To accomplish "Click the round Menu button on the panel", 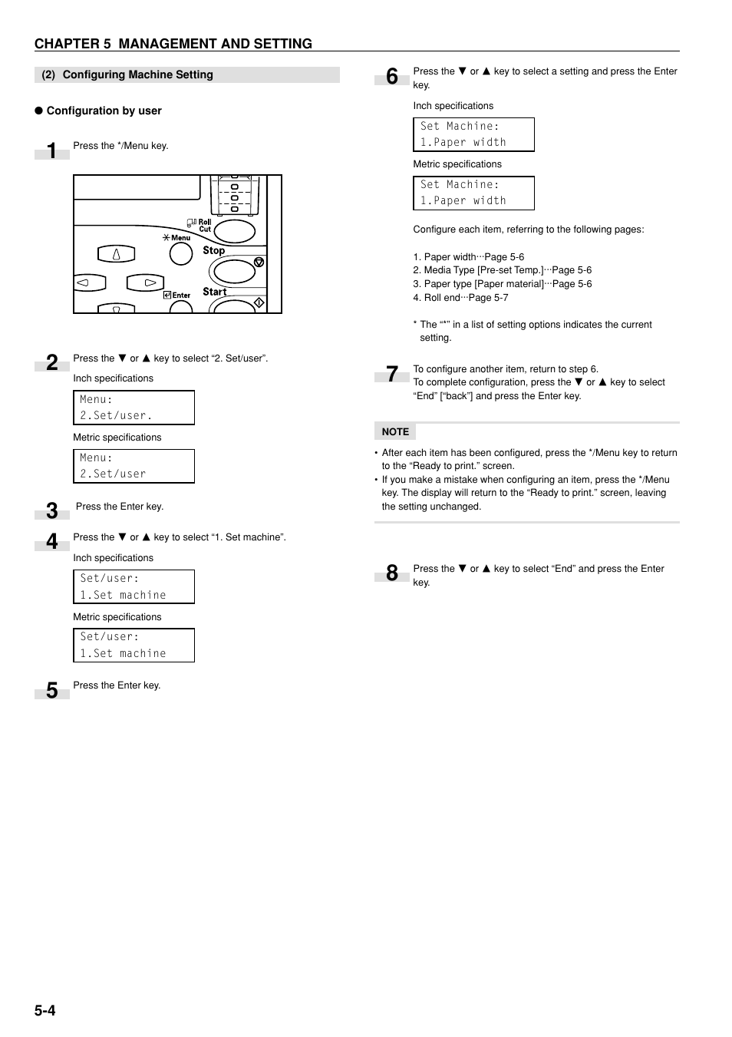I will click(x=181, y=254).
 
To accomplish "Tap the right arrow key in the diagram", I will click(x=146, y=283).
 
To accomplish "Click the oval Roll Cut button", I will click(x=234, y=231).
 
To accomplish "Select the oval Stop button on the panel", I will click(x=234, y=271).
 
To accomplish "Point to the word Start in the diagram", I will click(x=214, y=292).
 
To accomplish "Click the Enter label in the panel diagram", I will click(x=181, y=295).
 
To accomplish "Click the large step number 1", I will click(x=51, y=150).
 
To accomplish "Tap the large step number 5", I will click(x=51, y=690).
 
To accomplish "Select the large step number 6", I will click(x=392, y=76).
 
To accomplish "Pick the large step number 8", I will click(x=392, y=573).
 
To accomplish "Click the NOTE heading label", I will click(x=395, y=432).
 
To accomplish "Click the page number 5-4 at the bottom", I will click(x=45, y=1010).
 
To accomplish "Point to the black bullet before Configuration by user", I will click(x=38, y=111).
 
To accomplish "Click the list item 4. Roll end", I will click(x=460, y=298).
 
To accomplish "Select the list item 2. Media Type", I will click(x=502, y=270).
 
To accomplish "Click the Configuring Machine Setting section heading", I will click(x=137, y=74).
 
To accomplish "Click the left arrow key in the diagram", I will click(x=89, y=283).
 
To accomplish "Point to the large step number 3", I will click(x=51, y=510).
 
